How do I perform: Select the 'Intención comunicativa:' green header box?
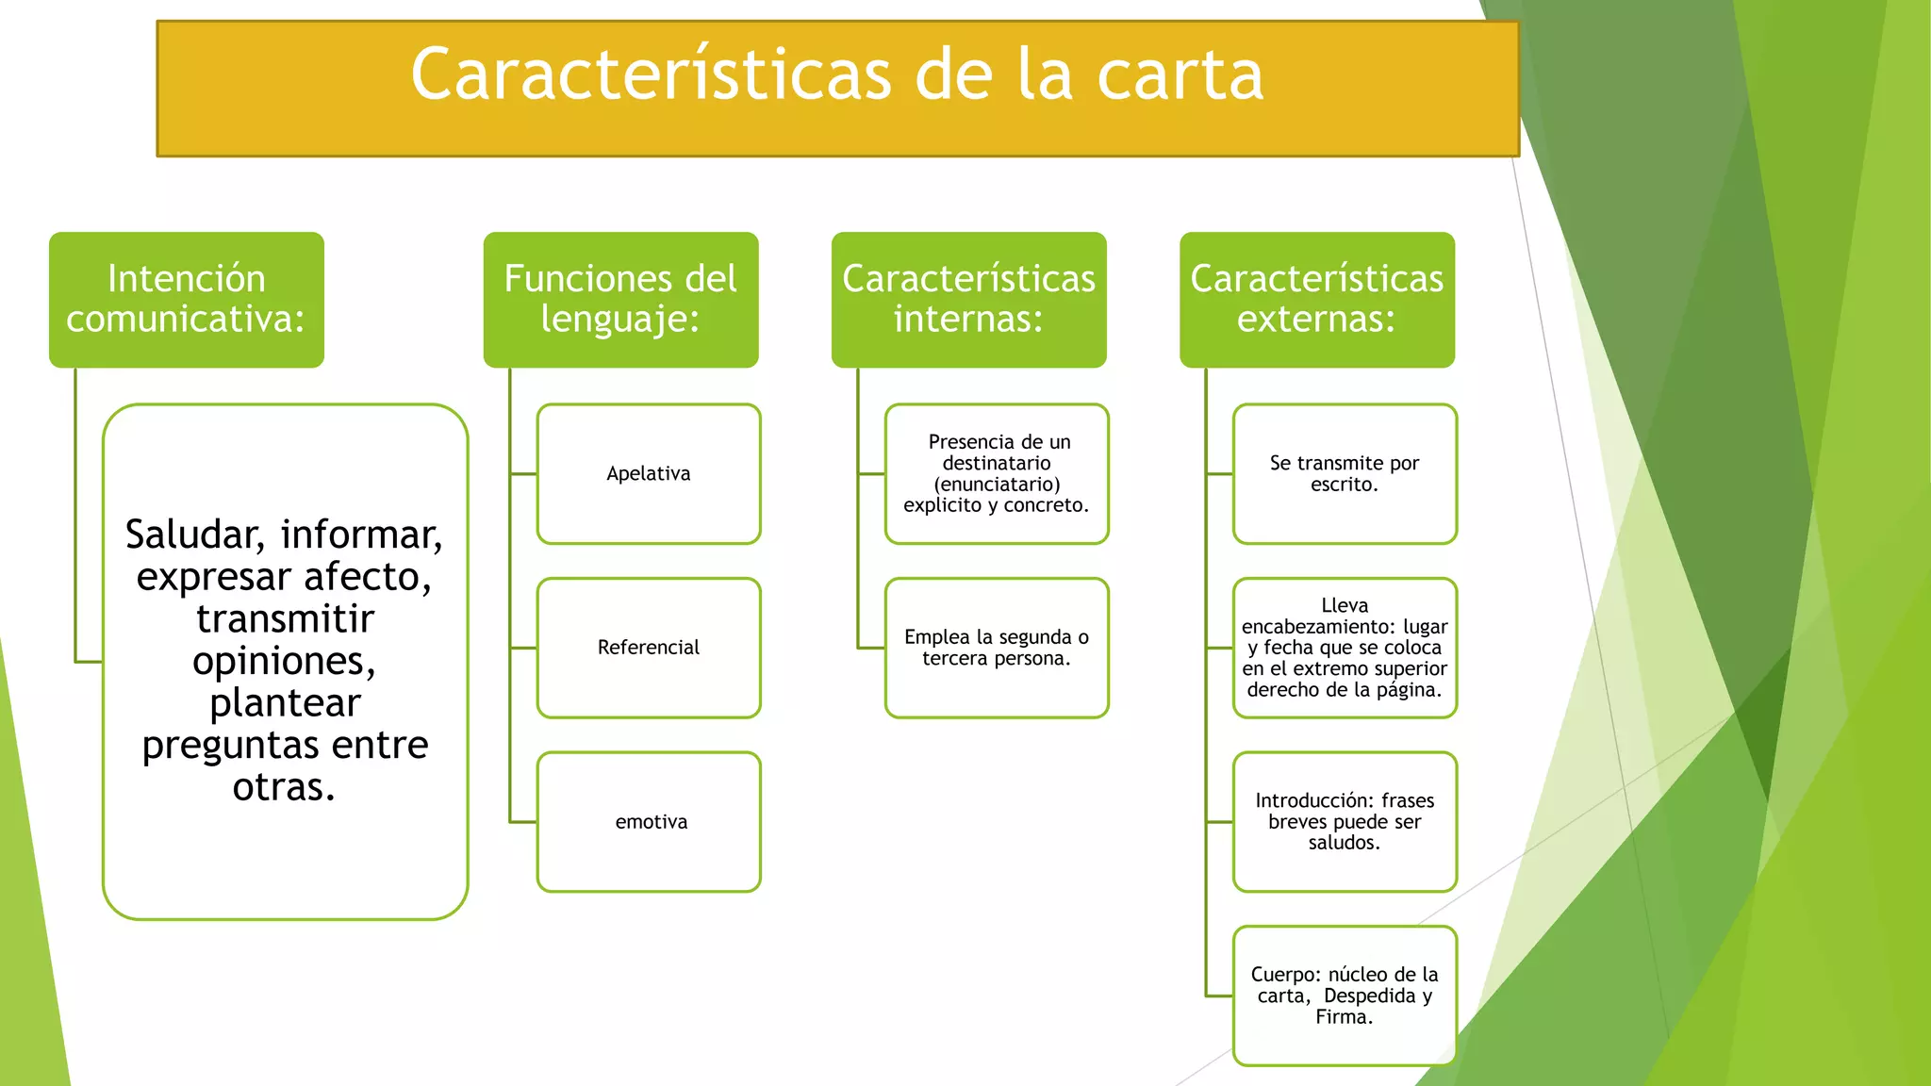point(187,300)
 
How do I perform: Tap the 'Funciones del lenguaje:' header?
point(620,300)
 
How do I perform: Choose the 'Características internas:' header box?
point(968,300)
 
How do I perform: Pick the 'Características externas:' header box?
point(1316,300)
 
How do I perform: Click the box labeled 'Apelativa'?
point(649,474)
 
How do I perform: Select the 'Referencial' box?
point(649,648)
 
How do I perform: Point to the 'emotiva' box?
point(649,822)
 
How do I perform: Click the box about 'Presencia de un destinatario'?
point(997,474)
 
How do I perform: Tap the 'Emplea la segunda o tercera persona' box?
point(997,648)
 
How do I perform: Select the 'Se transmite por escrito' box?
point(1345,474)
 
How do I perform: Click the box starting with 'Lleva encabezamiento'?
point(1345,648)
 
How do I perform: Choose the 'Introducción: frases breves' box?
point(1345,822)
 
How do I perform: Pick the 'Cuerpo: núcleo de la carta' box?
point(1345,995)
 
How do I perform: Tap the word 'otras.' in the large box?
point(284,788)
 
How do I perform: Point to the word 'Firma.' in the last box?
point(1345,1017)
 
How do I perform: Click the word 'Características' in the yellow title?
point(651,75)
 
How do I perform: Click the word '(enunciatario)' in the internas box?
point(997,485)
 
